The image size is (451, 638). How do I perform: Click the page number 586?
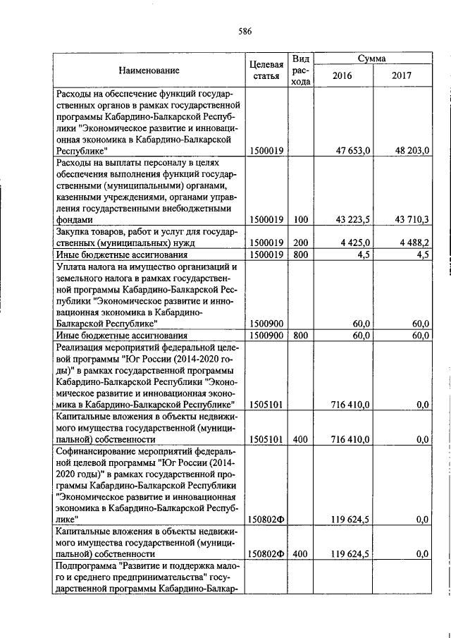[245, 30]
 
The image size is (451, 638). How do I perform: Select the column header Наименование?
[149, 70]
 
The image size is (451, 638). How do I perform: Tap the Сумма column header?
[371, 59]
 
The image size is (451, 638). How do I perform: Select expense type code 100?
[301, 219]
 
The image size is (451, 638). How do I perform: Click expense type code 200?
[301, 243]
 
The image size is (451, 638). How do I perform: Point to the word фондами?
[74, 219]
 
